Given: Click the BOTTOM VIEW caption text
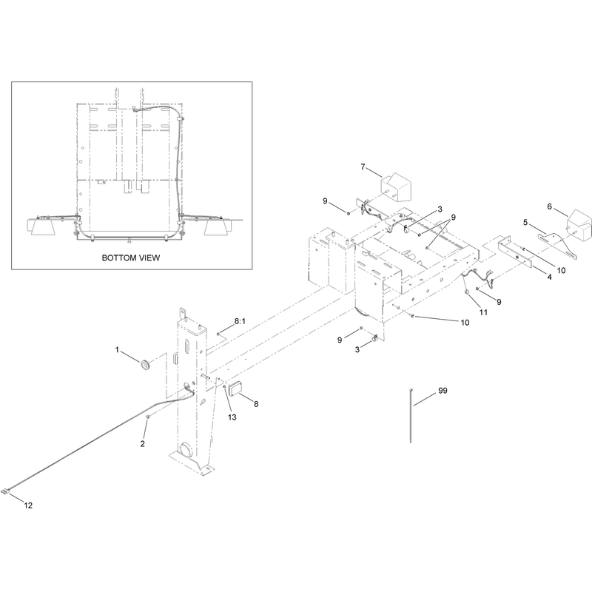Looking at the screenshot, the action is tap(131, 258).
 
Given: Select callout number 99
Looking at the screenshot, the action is tap(443, 391).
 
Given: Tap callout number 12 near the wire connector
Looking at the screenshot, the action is tap(28, 505).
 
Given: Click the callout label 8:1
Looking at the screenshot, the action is tap(240, 321).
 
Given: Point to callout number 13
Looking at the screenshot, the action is tap(232, 417).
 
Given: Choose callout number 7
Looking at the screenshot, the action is tap(363, 166).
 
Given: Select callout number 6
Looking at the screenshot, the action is tap(549, 206).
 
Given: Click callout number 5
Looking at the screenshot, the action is tap(525, 223).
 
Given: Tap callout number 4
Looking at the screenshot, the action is tap(549, 277).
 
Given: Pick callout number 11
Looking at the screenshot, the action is tap(483, 312).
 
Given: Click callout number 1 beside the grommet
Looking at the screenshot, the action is tap(117, 350).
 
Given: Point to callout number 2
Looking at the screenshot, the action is tap(142, 443).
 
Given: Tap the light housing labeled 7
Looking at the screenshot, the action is tap(395, 188).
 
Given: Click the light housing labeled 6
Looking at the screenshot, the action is tap(578, 225).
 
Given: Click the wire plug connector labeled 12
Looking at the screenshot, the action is tap(7, 491).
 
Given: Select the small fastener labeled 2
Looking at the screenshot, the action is tap(149, 417).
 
